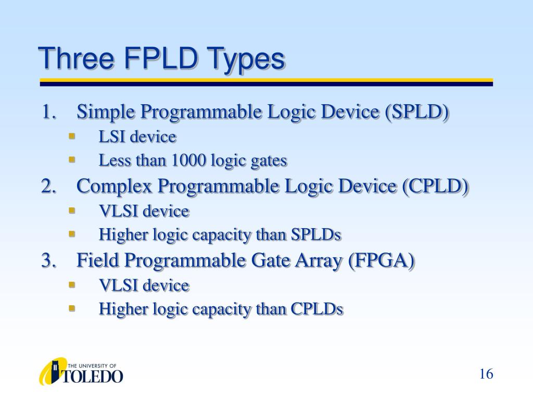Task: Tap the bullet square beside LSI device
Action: pos(72,136)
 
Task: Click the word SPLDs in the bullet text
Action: pos(315,235)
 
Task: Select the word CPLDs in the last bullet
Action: pos(316,309)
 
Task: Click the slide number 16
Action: pos(486,374)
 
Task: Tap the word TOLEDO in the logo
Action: pos(93,376)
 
